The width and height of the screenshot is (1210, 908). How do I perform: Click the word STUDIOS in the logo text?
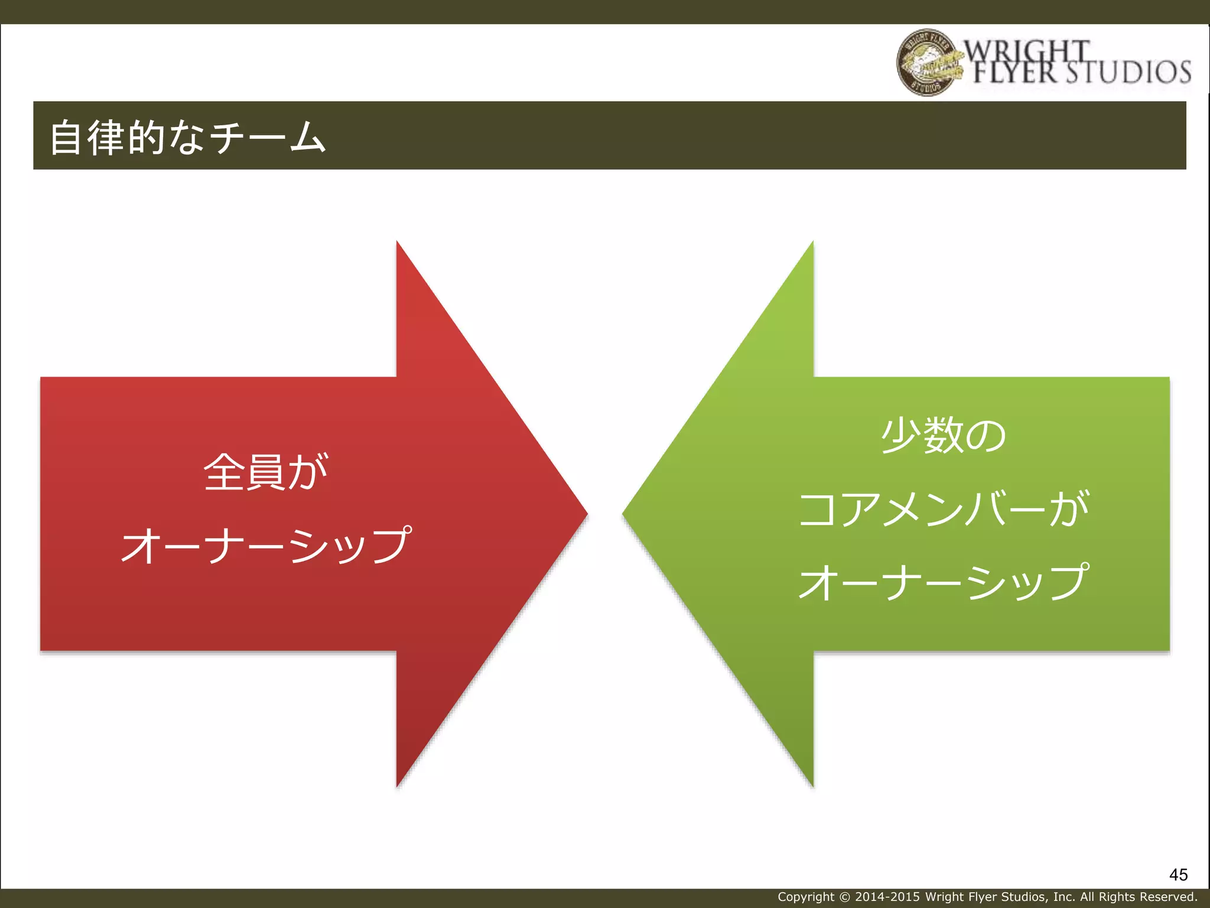coord(1128,72)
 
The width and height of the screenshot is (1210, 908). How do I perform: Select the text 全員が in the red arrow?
coord(265,472)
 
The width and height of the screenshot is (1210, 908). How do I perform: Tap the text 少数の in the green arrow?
coord(944,436)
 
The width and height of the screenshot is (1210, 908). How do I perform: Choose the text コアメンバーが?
coord(944,508)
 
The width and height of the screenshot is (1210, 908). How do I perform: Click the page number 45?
coord(1178,875)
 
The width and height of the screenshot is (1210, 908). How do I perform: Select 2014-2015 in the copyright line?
coord(887,897)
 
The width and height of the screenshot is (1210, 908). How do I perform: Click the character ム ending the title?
coord(308,137)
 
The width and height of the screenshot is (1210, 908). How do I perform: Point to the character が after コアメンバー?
coord(1069,508)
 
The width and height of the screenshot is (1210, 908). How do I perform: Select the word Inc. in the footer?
coord(1064,897)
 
